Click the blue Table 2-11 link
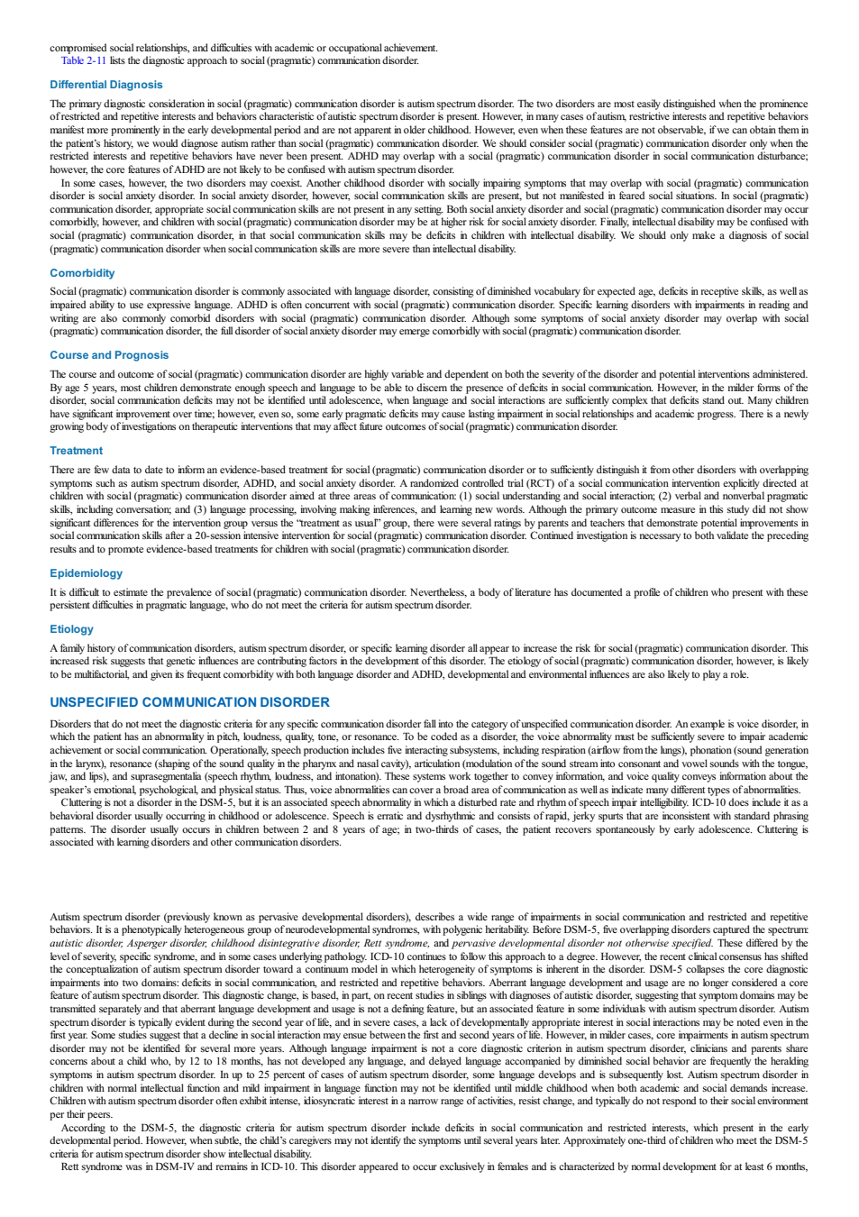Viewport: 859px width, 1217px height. pyautogui.click(x=83, y=61)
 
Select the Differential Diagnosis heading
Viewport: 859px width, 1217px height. pyautogui.click(x=106, y=85)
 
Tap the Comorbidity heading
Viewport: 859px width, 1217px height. pyautogui.click(x=82, y=273)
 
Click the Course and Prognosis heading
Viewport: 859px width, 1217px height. pyautogui.click(x=109, y=355)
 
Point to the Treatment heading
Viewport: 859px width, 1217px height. pyautogui.click(x=76, y=451)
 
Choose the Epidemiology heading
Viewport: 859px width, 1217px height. pyautogui.click(x=86, y=573)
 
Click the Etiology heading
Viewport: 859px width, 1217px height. pyautogui.click(x=72, y=629)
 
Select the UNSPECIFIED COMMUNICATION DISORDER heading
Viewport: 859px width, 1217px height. pyautogui.click(x=189, y=702)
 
